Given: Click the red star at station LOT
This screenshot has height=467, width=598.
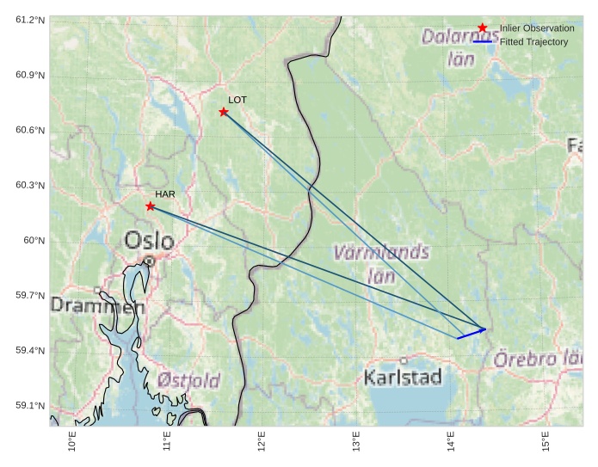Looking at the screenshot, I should click(224, 112).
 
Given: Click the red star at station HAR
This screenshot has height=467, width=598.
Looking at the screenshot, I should click(151, 206).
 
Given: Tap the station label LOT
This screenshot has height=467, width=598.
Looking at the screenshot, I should click(237, 100).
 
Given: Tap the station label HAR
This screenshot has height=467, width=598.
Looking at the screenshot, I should click(165, 194).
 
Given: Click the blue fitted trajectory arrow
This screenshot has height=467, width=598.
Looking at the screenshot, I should click(472, 333).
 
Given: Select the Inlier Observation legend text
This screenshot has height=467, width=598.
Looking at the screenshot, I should click(537, 28).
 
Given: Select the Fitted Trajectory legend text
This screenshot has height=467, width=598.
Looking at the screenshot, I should click(533, 41).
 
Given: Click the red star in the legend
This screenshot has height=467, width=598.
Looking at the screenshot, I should click(483, 28).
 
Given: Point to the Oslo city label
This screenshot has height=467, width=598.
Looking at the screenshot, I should click(149, 240).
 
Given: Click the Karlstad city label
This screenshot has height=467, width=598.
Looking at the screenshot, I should click(403, 377).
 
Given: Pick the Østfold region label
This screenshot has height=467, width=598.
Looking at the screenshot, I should click(188, 379).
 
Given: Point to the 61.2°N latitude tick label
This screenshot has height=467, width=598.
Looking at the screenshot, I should click(30, 20).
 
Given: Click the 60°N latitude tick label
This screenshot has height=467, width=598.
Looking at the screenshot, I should click(34, 240).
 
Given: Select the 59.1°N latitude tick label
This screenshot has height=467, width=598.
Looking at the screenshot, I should click(30, 405).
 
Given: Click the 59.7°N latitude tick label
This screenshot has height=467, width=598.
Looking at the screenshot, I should click(30, 295).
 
